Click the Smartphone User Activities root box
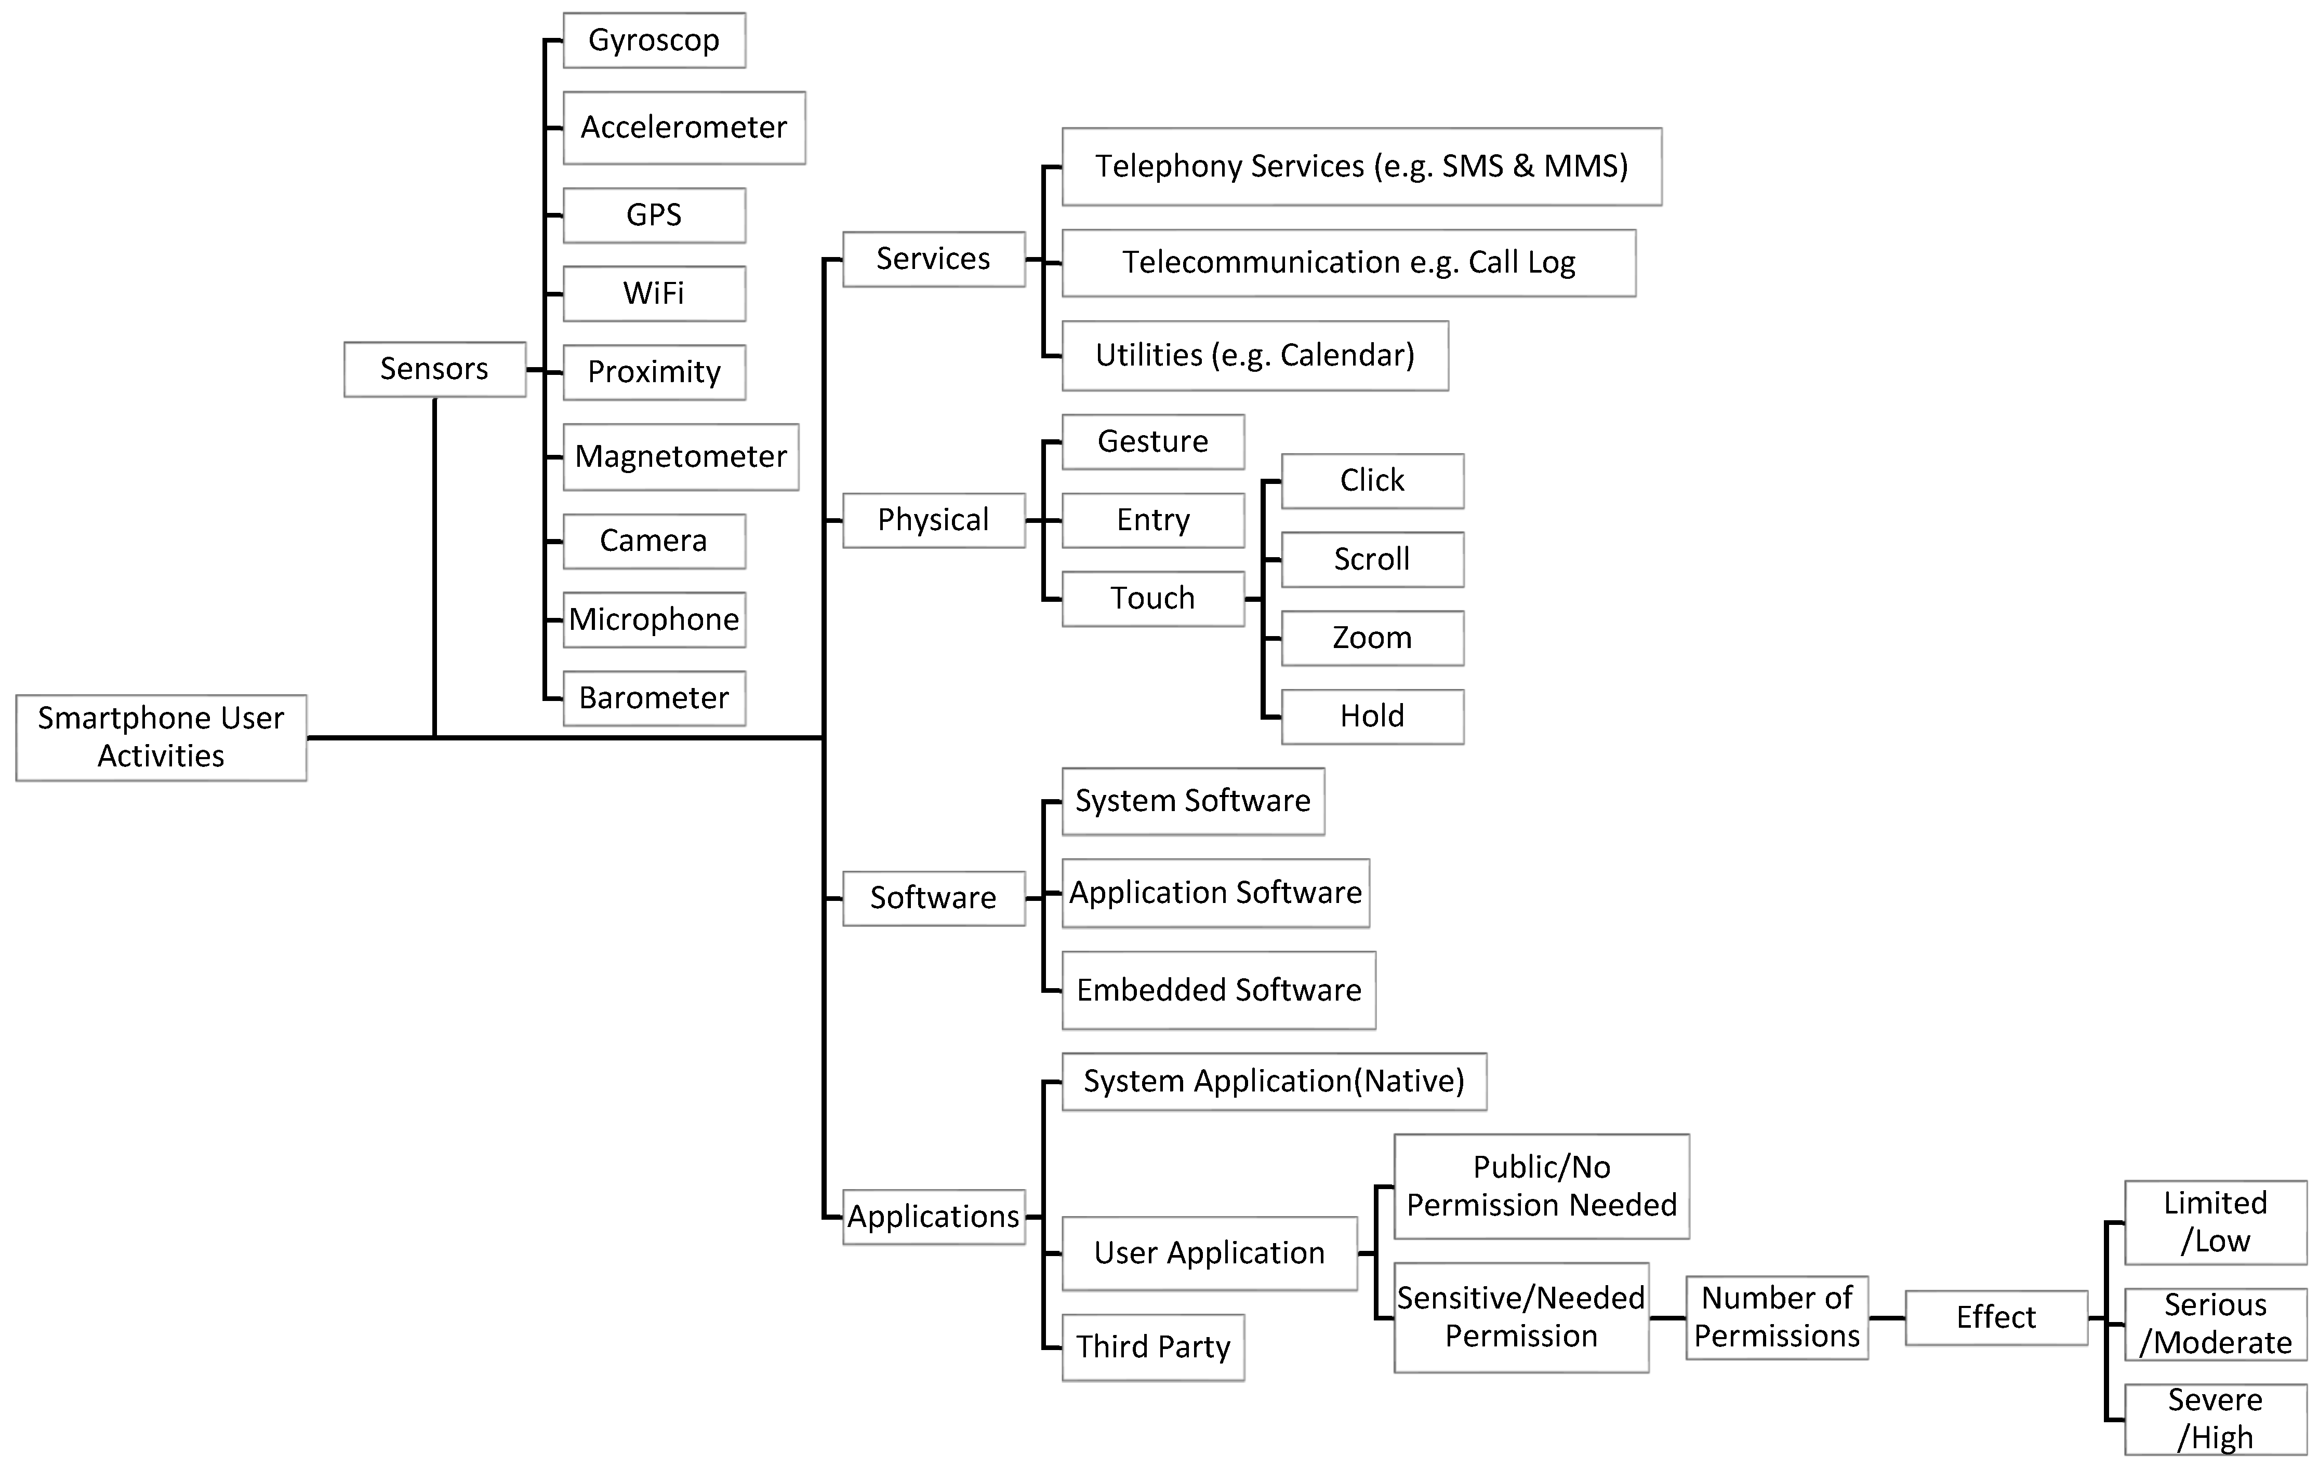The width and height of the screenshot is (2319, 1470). [161, 737]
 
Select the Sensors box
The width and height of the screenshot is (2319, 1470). [434, 369]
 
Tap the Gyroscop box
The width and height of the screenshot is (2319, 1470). [654, 41]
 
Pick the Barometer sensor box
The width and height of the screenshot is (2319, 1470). [654, 698]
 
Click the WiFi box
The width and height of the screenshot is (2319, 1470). [654, 293]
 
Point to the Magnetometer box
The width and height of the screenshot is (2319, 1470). [680, 456]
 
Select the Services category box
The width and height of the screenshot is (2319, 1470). [933, 259]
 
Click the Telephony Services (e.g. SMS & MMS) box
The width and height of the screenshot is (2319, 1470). [1361, 167]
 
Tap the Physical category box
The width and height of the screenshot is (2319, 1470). [933, 520]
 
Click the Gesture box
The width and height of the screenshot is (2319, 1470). [1153, 442]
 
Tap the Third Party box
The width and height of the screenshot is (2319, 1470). [1153, 1347]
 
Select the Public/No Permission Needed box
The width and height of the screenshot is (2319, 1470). [1541, 1186]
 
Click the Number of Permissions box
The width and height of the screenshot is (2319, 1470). [1777, 1317]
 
